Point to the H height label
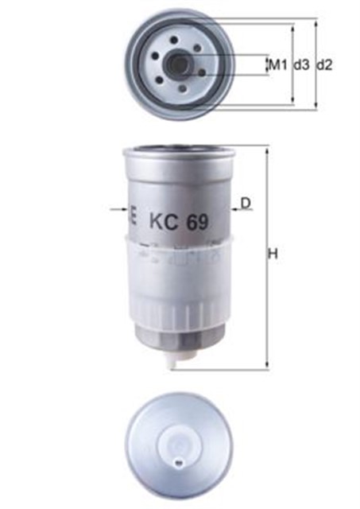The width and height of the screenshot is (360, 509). [273, 255]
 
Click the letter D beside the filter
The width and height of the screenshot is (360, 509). [246, 203]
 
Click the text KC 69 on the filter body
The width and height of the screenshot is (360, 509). [178, 223]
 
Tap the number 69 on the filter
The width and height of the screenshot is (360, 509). [197, 223]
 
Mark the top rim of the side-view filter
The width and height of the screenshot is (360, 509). [180, 150]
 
